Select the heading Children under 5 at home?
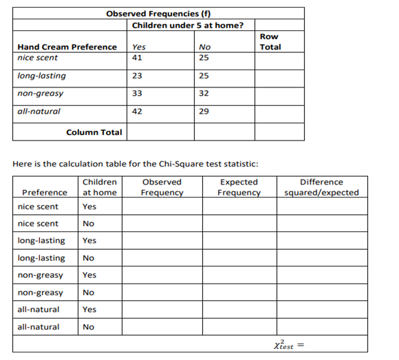pos(187,25)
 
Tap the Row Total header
pos(270,42)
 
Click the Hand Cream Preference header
pos(67,47)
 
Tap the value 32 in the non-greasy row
pos(203,93)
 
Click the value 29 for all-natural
pos(203,111)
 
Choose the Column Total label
pos(94,132)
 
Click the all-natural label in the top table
pos(39,111)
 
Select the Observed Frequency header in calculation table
pos(162,187)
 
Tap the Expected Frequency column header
pos(239,187)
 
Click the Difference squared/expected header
pos(321,187)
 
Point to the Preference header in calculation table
pos(45,192)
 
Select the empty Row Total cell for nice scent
pos(279,59)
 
